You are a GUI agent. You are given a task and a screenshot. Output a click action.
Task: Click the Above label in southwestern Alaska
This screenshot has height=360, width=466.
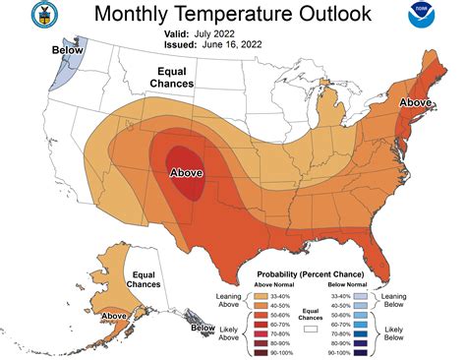pyautogui.click(x=116, y=316)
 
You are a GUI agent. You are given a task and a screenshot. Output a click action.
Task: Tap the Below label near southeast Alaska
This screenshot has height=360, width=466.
pyautogui.click(x=203, y=328)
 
